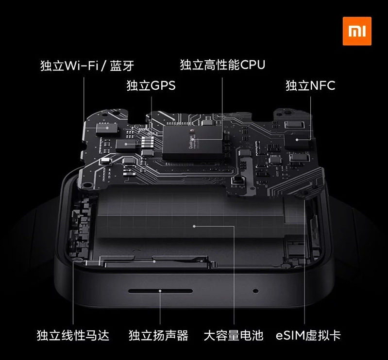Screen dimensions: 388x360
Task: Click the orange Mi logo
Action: coord(357,31)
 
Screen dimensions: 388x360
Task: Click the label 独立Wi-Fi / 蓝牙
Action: coord(87,66)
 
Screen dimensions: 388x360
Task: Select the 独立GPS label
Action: coord(151,85)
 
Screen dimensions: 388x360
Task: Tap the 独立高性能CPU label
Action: coord(222,65)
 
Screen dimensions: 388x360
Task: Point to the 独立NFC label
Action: coord(311,85)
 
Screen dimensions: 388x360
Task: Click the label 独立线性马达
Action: coord(73,335)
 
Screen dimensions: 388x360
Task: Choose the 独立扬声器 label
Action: coord(158,335)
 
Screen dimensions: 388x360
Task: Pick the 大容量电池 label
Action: coord(234,335)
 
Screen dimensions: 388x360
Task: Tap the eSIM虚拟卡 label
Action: coord(308,335)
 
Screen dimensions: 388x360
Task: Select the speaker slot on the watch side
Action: coord(160,291)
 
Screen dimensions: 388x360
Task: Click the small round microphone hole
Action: coord(255,291)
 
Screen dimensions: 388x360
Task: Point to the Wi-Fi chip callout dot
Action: coord(107,128)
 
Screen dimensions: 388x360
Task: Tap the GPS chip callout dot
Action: coord(126,144)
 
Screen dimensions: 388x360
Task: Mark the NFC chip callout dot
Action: coord(297,140)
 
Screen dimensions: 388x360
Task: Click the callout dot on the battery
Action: coord(194,226)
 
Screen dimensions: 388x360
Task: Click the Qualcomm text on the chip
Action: coord(191,142)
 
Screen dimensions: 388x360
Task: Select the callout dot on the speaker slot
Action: coord(160,291)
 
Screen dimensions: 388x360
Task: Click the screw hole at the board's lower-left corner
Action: coord(86,185)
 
